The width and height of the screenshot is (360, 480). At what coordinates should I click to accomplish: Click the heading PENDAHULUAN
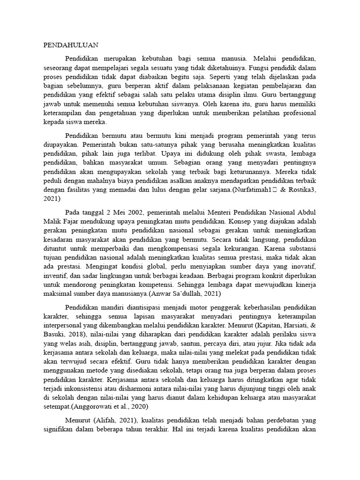71,45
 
